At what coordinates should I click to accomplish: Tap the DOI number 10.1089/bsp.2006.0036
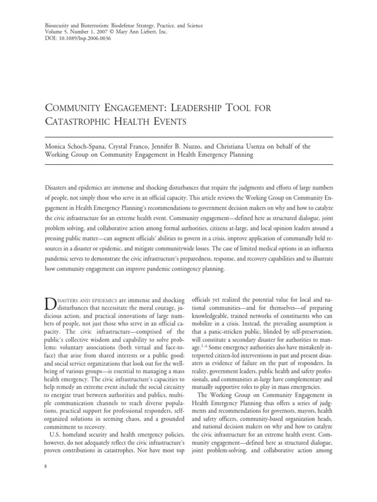point(80,39)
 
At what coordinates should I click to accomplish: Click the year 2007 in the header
point(99,32)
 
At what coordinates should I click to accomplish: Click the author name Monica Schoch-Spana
point(75,146)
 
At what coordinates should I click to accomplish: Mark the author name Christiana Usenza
point(256,146)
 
